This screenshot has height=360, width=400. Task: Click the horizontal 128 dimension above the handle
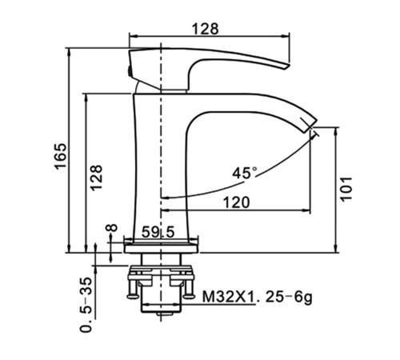click(206, 29)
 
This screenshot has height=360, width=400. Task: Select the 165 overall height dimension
click(60, 156)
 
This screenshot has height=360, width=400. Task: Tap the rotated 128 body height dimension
click(96, 178)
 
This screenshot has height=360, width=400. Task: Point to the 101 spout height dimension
click(346, 189)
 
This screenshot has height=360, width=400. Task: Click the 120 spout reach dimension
click(237, 202)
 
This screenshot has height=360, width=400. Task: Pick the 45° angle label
click(245, 173)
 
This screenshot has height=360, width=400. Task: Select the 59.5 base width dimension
click(158, 232)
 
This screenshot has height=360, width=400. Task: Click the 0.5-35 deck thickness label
click(86, 305)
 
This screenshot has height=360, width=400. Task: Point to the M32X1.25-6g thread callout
click(257, 297)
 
